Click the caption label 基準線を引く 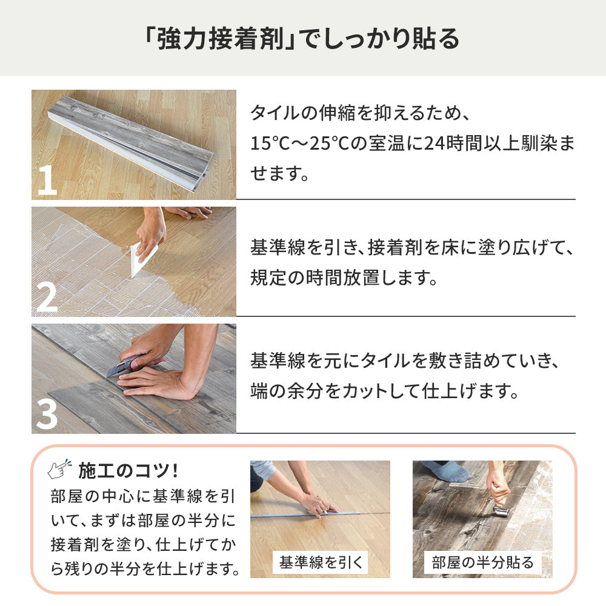click(x=320, y=562)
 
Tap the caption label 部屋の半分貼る click(x=482, y=562)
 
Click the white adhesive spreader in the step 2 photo click(x=144, y=260)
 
